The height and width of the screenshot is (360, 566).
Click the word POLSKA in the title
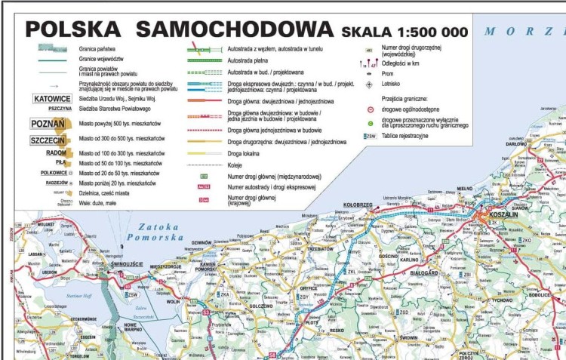(x=72, y=29)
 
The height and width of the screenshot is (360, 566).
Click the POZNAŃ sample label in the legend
(x=48, y=124)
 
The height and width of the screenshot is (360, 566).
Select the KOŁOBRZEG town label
(x=358, y=205)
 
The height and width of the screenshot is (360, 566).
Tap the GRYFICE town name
(x=308, y=288)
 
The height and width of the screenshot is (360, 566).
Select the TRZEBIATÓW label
(x=321, y=248)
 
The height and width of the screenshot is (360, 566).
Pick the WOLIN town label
(x=173, y=301)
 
